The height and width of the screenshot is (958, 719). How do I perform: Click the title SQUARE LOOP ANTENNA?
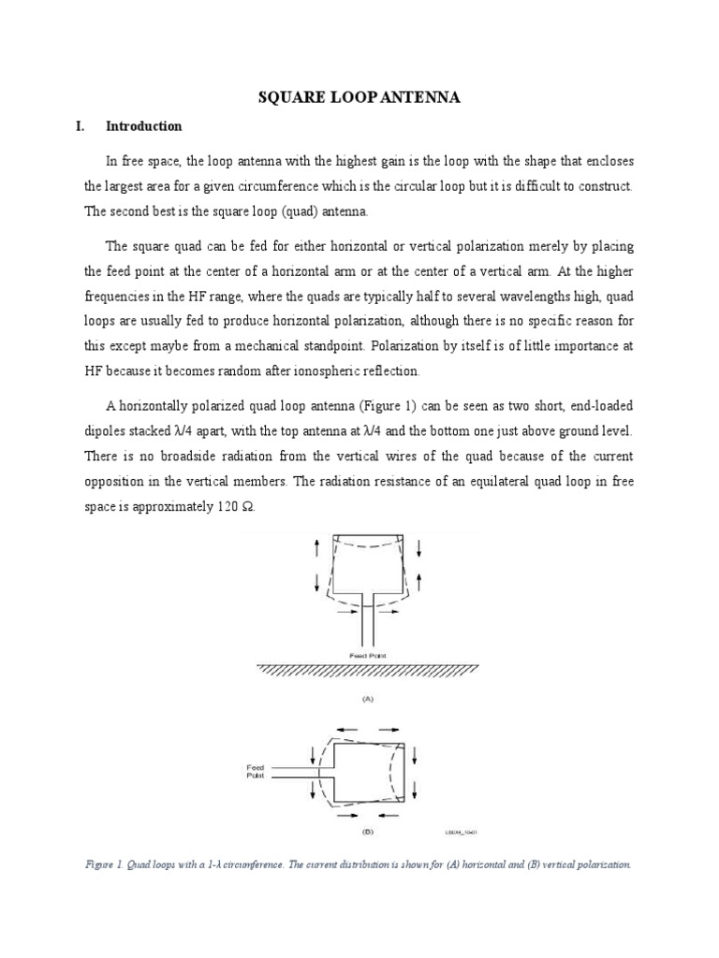[x=359, y=96]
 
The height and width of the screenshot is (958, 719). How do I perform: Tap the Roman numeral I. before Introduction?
[x=81, y=126]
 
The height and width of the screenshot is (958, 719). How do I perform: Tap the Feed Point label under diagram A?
[x=360, y=655]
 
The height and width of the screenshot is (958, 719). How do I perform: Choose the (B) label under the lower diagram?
[x=360, y=830]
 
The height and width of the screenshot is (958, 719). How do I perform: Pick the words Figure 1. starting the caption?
[x=103, y=864]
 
